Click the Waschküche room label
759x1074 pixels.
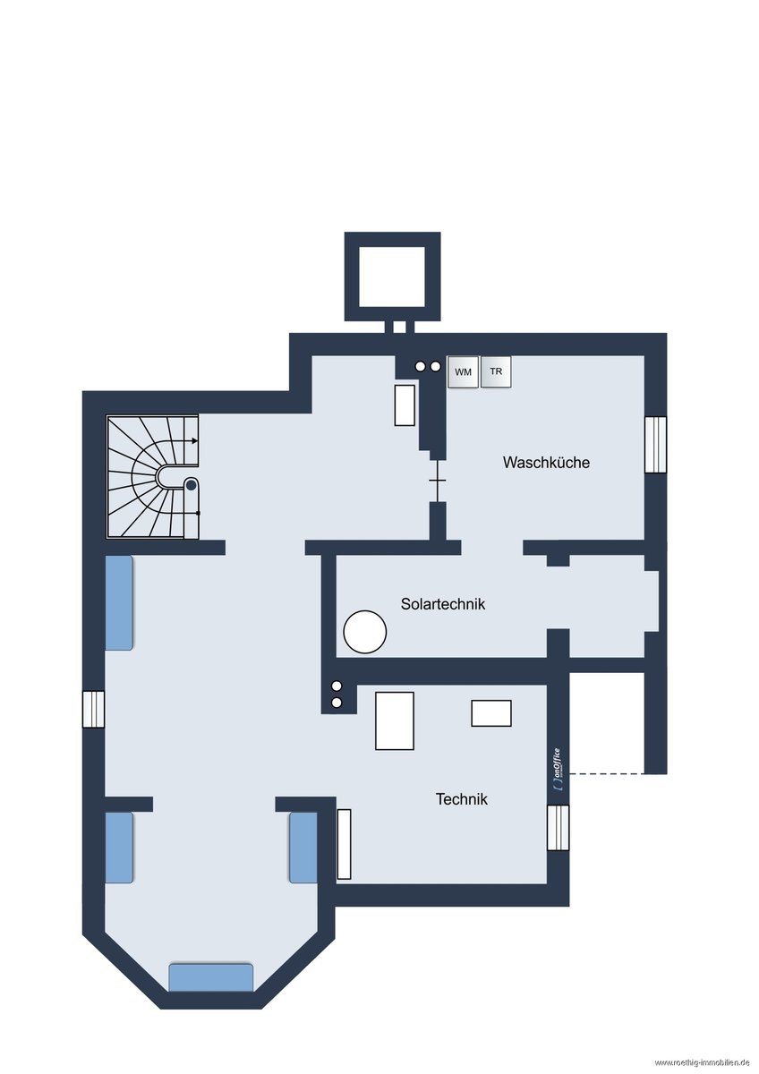(x=546, y=463)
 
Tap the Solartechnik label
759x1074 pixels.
(x=443, y=604)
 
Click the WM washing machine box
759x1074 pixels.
(x=463, y=372)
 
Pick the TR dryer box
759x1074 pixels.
(x=496, y=371)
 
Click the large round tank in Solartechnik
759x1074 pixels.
(x=364, y=632)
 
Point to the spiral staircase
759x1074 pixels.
(x=152, y=476)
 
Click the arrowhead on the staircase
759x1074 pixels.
(x=194, y=440)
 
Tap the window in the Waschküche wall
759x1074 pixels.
(x=655, y=445)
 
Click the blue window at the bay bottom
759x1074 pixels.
(x=211, y=977)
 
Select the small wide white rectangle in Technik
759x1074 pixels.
(x=491, y=713)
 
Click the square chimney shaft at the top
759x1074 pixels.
(x=392, y=277)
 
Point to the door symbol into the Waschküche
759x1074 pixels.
(x=438, y=481)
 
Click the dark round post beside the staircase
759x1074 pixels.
(x=191, y=485)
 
